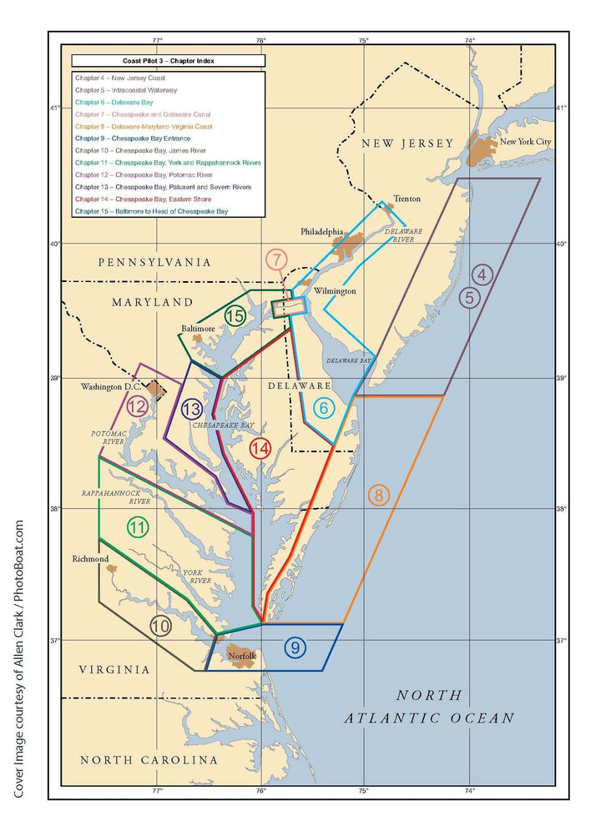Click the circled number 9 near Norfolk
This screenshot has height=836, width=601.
point(295,647)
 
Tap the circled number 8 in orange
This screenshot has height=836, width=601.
point(378,495)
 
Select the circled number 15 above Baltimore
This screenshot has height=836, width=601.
point(235,316)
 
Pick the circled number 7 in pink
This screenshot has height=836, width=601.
point(277,259)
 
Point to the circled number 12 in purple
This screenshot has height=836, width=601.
point(138,407)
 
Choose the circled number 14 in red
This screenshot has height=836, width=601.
point(260,448)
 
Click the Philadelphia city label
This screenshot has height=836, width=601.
point(322,231)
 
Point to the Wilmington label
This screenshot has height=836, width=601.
point(335,291)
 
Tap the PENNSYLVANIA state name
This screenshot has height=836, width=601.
point(155,262)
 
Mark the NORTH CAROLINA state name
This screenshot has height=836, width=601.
point(149,760)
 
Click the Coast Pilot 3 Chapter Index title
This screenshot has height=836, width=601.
point(168,61)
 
